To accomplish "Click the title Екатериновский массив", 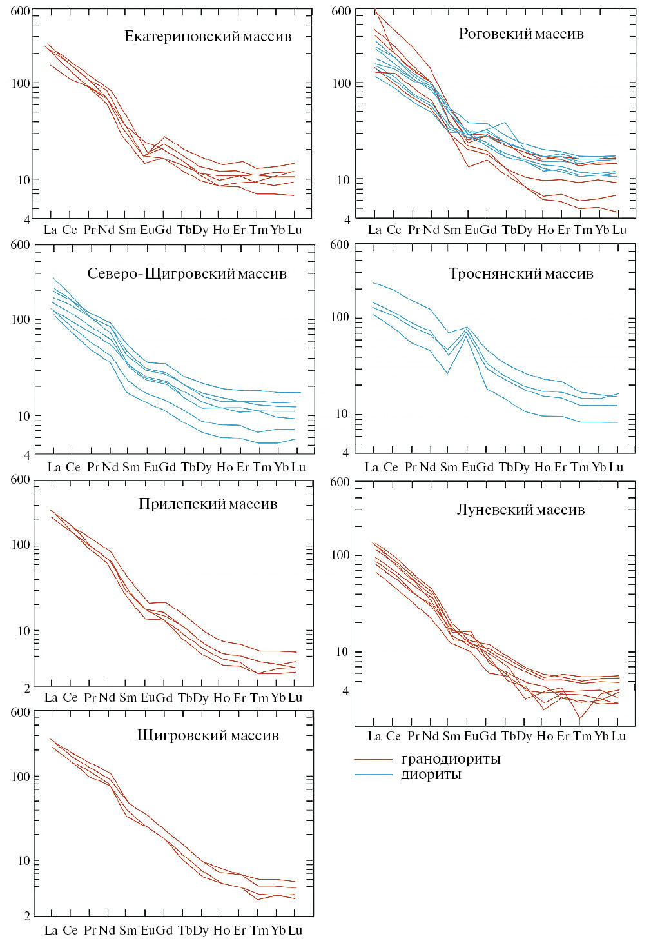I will coord(208,36).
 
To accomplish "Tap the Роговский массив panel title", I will coord(521,34).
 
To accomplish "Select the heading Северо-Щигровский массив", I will coord(187,273).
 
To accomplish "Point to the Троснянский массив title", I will coord(521,273).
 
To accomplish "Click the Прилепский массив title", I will coord(208,504).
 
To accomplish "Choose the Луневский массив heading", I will coord(521,510).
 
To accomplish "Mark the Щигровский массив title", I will coord(208,735).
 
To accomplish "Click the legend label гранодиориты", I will coord(451,759).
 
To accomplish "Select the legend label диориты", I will coord(431,775).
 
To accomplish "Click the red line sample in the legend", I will coord(373,760).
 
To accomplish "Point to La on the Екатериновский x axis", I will coord(50,230).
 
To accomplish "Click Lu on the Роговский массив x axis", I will coord(619,230).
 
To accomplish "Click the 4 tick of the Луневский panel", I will coord(345,691).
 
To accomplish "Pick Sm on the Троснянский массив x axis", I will coord(449,467).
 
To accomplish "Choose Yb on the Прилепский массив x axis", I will coord(278,697).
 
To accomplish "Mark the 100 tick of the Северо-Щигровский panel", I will coord(21,320).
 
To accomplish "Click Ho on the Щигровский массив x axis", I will coord(222,930).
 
